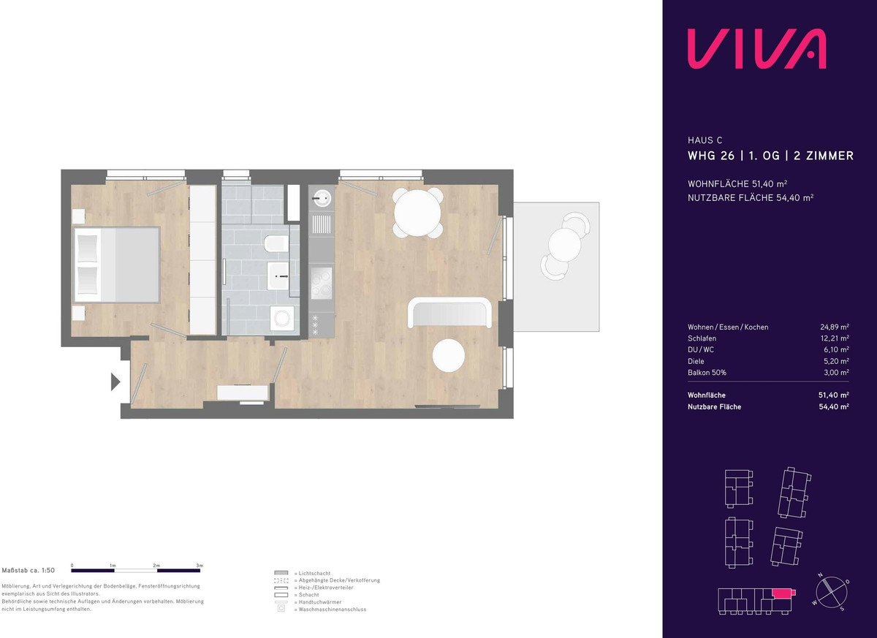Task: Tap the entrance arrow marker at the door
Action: point(115,382)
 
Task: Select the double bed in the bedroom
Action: point(117,265)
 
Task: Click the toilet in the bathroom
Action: point(276,244)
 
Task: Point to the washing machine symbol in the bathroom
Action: point(282,319)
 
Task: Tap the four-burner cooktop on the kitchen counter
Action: point(322,284)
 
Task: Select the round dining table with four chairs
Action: point(417,213)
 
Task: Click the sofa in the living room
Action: point(449,313)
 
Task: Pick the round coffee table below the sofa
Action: point(449,355)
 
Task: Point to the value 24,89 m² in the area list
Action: point(835,327)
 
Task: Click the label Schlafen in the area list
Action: point(702,338)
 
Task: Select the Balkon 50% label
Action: point(707,373)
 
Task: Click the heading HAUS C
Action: point(705,140)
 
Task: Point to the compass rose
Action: point(831,593)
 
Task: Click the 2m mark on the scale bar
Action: point(156,566)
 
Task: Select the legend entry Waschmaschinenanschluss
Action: point(333,609)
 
